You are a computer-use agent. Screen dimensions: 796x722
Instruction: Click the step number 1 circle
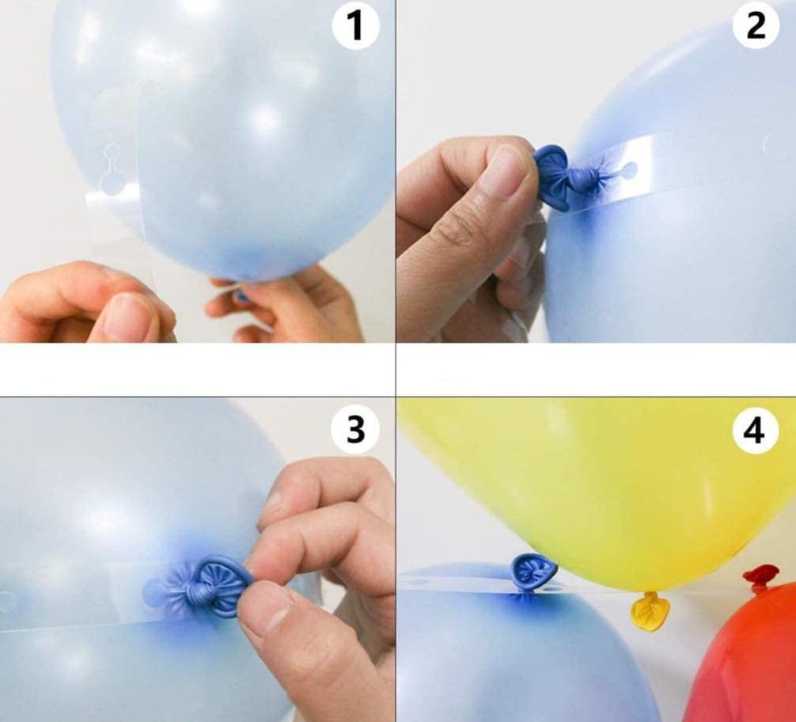355,25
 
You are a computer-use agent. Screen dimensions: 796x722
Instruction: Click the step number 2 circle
756,25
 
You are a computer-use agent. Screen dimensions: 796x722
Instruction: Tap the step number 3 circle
354,429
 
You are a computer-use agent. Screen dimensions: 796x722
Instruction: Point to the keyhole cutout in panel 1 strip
112,171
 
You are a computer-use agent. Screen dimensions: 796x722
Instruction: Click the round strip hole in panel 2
629,171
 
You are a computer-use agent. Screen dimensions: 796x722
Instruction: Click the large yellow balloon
599,488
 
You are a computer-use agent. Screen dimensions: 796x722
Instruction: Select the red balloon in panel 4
746,660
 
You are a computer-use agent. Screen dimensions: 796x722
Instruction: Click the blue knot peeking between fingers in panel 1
243,296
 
